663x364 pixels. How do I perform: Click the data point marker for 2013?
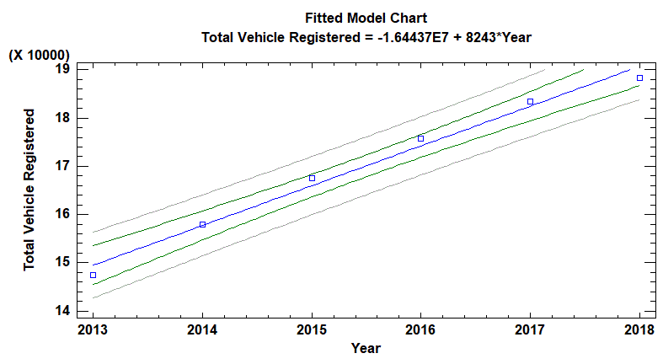pyautogui.click(x=93, y=276)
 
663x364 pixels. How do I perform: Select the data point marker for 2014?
pyautogui.click(x=202, y=224)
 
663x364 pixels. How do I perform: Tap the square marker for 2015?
pyautogui.click(x=312, y=178)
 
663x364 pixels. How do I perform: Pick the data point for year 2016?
pyautogui.click(x=420, y=138)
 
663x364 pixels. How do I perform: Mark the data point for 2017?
pyautogui.click(x=530, y=101)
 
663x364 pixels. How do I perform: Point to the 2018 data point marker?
pyautogui.click(x=639, y=78)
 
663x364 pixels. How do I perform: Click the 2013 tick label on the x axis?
pyautogui.click(x=93, y=329)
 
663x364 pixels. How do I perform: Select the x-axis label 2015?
pyautogui.click(x=312, y=329)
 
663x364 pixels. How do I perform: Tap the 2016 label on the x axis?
pyautogui.click(x=420, y=329)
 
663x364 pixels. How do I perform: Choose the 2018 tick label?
pyautogui.click(x=639, y=329)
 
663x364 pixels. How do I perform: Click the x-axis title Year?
pyautogui.click(x=366, y=348)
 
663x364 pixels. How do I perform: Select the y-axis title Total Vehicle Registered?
pyautogui.click(x=30, y=190)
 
